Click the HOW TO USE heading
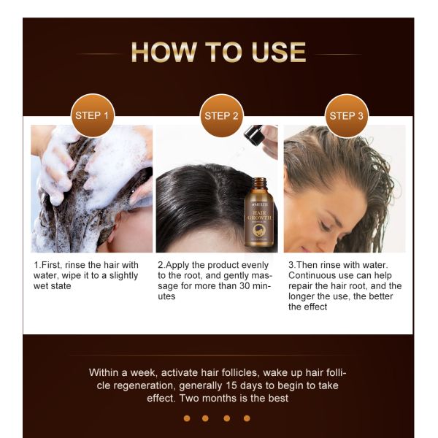218,53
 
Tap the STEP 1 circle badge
93,115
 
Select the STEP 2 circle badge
221,115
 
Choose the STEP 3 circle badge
347,115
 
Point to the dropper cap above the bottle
255,134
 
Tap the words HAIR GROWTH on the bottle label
258,215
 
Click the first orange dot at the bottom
187,418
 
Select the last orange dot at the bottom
247,418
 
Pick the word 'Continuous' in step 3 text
313,275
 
